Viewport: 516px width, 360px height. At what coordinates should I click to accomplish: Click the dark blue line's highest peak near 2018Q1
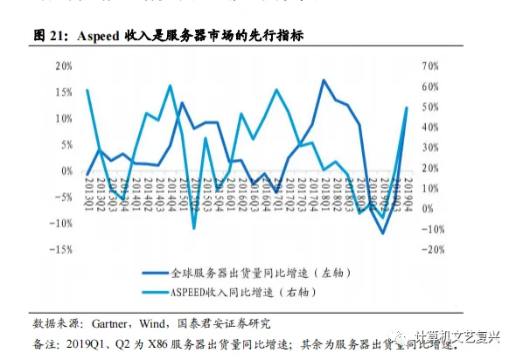[324, 80]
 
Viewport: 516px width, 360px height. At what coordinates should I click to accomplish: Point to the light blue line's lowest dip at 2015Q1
[194, 228]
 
